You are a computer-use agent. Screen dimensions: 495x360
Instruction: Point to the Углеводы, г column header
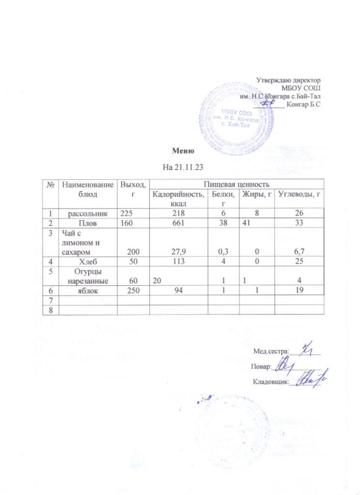coord(299,194)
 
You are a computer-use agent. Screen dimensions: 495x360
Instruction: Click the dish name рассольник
coord(87,213)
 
